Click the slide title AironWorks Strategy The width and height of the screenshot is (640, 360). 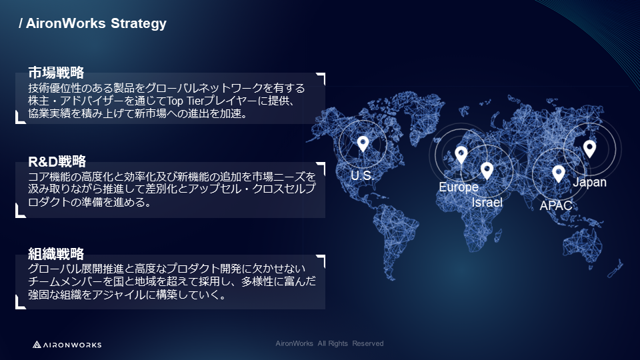tap(93, 24)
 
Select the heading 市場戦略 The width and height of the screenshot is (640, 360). tap(56, 73)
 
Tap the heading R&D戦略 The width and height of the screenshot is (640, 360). tap(57, 161)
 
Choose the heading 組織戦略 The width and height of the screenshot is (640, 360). tap(56, 253)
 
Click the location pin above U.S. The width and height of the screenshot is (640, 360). tap(363, 143)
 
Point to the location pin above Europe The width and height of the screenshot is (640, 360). tap(461, 155)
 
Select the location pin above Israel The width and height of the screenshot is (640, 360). tap(487, 171)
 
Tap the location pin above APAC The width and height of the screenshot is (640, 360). tap(559, 173)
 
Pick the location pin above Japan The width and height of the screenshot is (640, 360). tap(589, 148)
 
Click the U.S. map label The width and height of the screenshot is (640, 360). tap(363, 175)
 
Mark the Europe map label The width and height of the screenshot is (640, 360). tap(459, 187)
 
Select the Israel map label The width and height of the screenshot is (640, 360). tap(487, 202)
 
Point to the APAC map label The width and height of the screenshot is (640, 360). tap(556, 205)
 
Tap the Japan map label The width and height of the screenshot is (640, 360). tap(590, 182)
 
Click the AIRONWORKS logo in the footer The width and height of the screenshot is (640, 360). tap(67, 345)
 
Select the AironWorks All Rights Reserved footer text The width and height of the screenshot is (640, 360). tap(329, 343)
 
